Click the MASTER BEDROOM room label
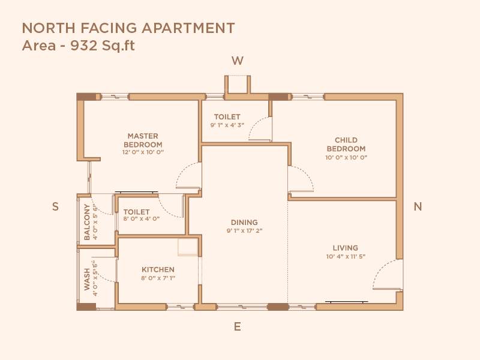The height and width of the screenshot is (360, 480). tap(143, 140)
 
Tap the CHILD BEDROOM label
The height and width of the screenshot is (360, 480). tap(346, 144)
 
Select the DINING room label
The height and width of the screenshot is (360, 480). tap(245, 223)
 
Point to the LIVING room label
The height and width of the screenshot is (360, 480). tap(346, 248)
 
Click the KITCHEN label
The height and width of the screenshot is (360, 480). tap(158, 270)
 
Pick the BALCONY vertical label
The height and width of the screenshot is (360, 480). tap(87, 222)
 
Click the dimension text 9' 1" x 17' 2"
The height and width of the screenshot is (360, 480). tap(245, 230)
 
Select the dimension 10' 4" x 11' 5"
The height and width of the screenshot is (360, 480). tap(346, 256)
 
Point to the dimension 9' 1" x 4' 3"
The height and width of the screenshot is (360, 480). tap(227, 125)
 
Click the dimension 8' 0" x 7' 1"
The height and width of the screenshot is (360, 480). tap(158, 278)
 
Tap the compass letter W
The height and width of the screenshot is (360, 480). tap(238, 61)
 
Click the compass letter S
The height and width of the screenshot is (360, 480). tap(55, 206)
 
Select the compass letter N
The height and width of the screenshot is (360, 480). tap(418, 206)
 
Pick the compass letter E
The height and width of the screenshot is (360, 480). tap(238, 327)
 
